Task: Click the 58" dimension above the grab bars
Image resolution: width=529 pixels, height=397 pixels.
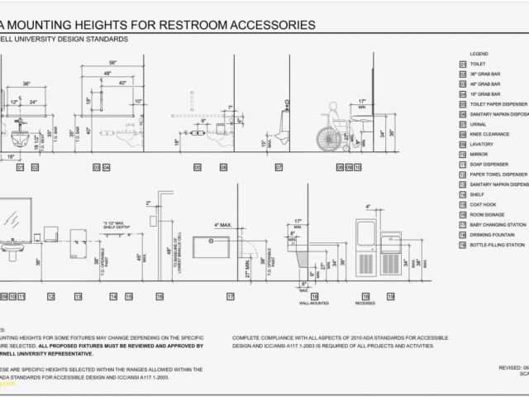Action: click(x=112, y=63)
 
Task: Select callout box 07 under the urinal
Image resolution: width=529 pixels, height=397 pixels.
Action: click(x=279, y=167)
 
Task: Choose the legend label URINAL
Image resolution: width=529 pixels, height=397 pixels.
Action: click(x=479, y=123)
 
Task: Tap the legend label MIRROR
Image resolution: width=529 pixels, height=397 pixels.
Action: click(x=479, y=154)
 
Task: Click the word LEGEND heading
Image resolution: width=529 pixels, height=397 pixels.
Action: click(x=480, y=53)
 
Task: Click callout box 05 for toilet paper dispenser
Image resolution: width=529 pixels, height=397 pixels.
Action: click(x=198, y=167)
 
